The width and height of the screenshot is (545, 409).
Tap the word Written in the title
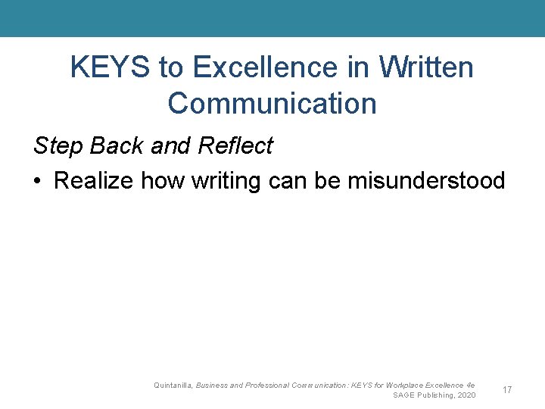tap(426, 68)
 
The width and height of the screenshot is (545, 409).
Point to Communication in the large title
tap(272, 103)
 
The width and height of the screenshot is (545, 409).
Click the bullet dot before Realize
tap(38, 181)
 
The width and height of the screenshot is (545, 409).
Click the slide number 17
tap(507, 390)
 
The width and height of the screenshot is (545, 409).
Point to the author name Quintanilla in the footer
tap(173, 386)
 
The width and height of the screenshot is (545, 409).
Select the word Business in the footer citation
tap(213, 386)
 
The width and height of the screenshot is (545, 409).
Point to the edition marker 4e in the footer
tap(471, 386)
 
